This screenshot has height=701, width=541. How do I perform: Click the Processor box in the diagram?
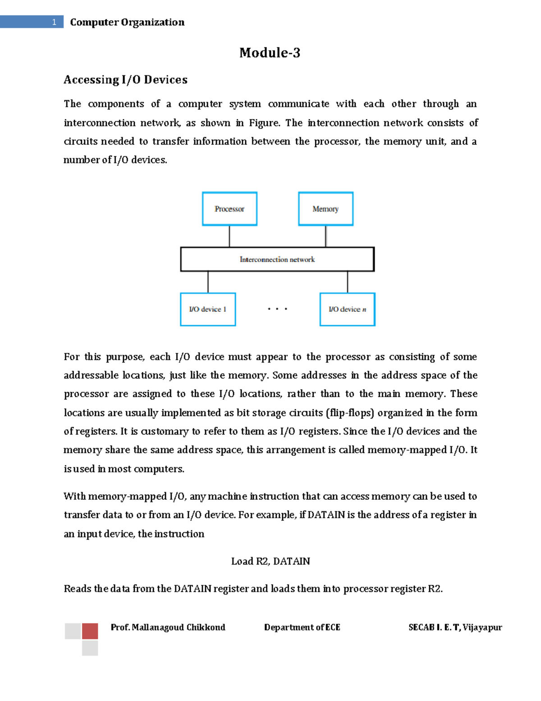point(229,209)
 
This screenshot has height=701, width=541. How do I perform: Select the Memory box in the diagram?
point(326,209)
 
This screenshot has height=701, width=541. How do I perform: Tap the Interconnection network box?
point(277,259)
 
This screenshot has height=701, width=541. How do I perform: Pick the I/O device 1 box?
point(208,309)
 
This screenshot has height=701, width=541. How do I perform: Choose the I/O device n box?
point(347,309)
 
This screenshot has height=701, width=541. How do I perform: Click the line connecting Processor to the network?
point(229,236)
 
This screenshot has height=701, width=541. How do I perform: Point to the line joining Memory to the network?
point(326,236)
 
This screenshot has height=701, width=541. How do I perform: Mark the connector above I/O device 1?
point(208,282)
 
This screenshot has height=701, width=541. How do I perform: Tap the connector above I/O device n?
point(347,282)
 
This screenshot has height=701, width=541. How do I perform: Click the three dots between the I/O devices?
point(277,309)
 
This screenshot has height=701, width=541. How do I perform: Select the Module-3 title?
point(270,53)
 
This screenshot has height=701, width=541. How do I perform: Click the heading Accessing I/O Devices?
point(125,80)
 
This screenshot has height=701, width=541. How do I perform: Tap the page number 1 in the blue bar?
point(54,22)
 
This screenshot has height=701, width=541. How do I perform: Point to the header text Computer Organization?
point(127,22)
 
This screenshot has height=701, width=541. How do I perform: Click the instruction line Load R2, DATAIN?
point(270,561)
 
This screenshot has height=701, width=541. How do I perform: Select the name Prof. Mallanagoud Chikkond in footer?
point(168,627)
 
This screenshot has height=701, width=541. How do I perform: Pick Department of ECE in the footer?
point(302,627)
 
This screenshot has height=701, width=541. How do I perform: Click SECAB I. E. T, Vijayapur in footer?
point(455,627)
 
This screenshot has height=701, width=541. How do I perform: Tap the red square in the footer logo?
point(90,631)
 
